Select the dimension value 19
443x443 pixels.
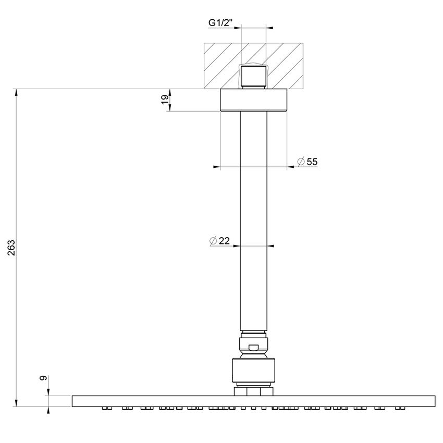tap(165, 100)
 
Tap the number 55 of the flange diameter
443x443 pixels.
tap(312, 162)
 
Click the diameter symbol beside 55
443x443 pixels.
tap(301, 162)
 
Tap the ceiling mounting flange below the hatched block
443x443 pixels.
tap(253, 100)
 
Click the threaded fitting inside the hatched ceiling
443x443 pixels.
tap(253, 76)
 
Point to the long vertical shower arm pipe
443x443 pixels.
tap(253, 219)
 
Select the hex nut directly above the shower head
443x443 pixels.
tap(253, 391)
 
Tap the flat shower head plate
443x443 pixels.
tap(253, 400)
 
